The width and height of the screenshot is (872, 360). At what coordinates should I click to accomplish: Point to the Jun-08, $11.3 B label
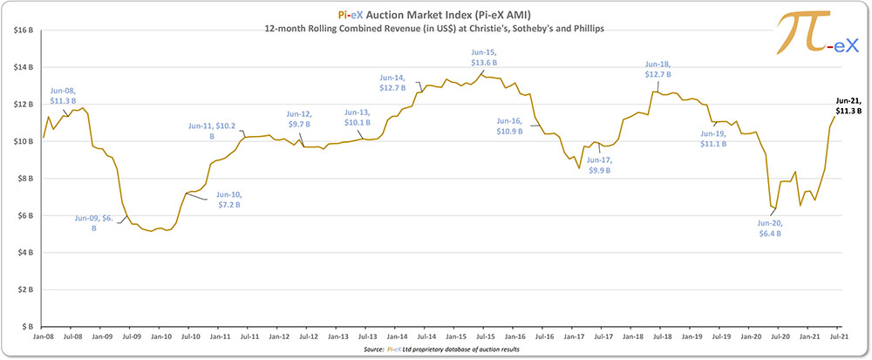click(66, 94)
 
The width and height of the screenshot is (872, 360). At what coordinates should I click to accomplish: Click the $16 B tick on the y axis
click(23, 31)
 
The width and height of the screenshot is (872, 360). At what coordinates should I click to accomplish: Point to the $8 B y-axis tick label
click(25, 178)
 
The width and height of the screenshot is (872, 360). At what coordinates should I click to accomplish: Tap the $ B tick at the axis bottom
click(27, 325)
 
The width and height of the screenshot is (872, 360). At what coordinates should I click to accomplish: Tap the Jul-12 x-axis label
click(308, 336)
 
